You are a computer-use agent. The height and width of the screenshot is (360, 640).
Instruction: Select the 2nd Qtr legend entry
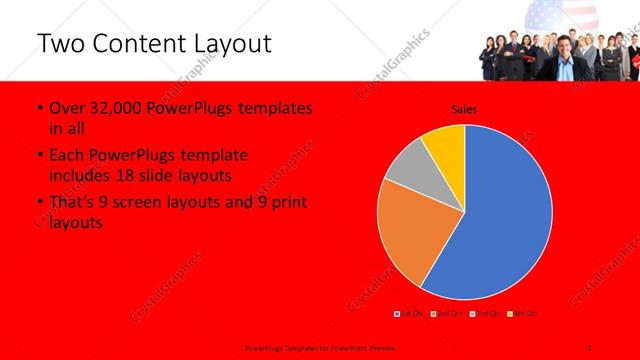pos(446,314)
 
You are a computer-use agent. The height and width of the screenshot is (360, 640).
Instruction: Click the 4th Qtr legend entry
pos(523,314)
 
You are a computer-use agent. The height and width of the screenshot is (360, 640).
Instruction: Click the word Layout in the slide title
pos(224,45)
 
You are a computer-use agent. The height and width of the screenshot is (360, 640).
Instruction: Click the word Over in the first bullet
pos(67,108)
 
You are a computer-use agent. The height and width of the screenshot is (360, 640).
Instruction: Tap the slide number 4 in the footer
pos(591,345)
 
